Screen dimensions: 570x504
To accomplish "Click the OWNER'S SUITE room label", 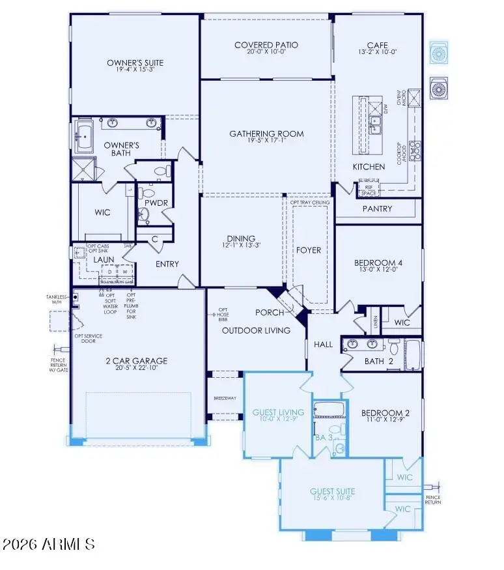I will point(135,63).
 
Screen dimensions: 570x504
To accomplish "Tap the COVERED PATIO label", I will point(266,45).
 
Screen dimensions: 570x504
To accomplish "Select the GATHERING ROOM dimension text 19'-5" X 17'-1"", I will point(266,141).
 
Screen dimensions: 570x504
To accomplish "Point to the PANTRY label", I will point(377,209).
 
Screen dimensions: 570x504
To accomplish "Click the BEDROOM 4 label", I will point(378,263).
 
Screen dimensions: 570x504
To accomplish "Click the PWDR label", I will point(156,203).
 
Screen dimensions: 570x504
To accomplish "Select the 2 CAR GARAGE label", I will point(137,361).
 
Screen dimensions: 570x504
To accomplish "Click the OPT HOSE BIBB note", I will point(223,313).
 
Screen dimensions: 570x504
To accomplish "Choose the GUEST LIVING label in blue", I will point(278,412).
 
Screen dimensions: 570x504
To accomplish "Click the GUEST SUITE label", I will point(332,491).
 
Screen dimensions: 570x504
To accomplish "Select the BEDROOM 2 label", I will point(378,413).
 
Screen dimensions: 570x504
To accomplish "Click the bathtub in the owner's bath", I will point(85,136).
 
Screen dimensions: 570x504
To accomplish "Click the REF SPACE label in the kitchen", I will point(367,190).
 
